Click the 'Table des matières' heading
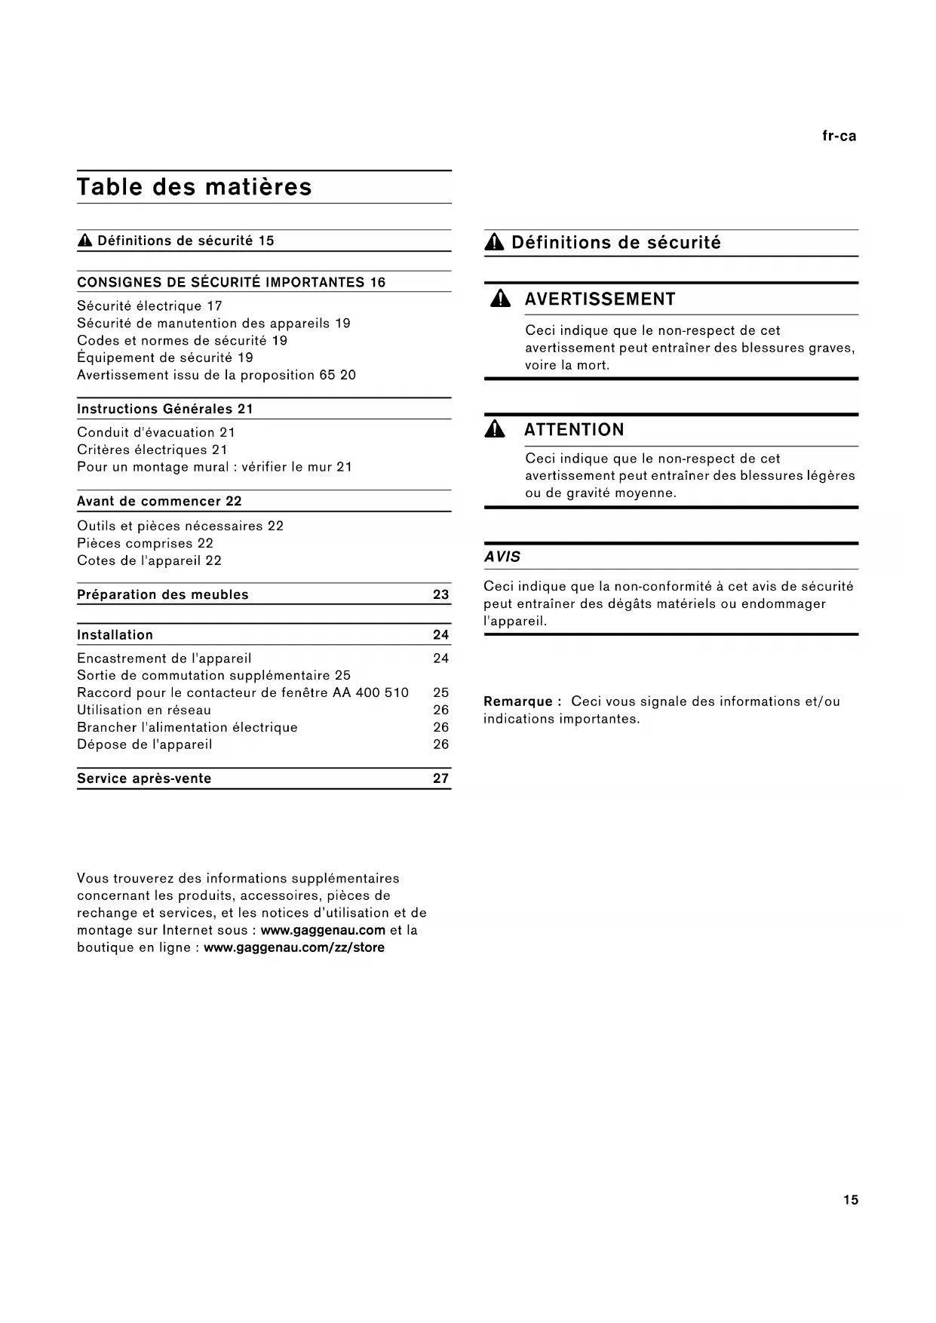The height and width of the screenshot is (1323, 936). click(194, 187)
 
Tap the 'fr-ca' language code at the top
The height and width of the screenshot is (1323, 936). click(839, 137)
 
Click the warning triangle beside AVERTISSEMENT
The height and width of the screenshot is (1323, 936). click(499, 299)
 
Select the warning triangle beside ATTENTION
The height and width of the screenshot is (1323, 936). click(496, 430)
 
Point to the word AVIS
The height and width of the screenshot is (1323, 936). click(502, 557)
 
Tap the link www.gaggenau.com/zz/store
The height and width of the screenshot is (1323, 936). click(294, 947)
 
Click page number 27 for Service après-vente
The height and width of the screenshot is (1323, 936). click(440, 778)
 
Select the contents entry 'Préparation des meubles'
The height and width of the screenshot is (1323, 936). click(162, 594)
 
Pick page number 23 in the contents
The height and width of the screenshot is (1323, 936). click(440, 594)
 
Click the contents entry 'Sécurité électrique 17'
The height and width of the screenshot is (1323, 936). click(149, 306)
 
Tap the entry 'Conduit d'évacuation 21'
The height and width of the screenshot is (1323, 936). click(156, 432)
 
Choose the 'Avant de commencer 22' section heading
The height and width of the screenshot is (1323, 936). click(159, 502)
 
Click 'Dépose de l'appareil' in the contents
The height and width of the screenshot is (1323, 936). click(144, 744)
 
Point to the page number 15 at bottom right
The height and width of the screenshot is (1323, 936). click(850, 1200)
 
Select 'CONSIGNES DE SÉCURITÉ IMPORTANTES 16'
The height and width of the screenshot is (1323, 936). click(231, 283)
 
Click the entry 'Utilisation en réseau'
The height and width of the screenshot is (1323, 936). click(144, 710)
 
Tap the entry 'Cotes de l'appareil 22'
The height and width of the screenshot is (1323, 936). click(149, 560)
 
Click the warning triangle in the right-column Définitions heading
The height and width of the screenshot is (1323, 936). click(494, 243)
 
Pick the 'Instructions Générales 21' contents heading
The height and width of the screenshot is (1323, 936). click(164, 409)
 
